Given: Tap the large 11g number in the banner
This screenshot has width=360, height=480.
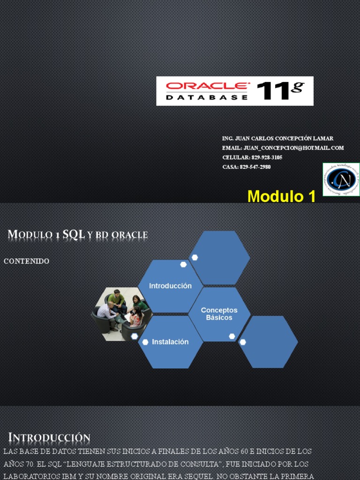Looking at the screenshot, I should [x=280, y=90].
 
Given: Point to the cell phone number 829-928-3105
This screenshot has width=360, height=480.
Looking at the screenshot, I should [x=266, y=157].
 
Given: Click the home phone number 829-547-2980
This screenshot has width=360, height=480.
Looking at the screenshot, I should [x=255, y=167].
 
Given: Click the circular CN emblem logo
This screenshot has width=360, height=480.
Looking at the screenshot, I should [x=341, y=180].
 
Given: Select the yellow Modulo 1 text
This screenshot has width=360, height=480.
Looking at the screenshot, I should [x=281, y=196].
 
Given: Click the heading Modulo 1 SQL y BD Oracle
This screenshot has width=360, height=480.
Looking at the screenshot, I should [x=78, y=235].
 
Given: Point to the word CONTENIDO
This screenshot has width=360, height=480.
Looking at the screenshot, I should [x=26, y=261].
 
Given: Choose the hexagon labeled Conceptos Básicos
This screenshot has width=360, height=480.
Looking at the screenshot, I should [x=219, y=314].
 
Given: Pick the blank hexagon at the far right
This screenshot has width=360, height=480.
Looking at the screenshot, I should [x=268, y=342].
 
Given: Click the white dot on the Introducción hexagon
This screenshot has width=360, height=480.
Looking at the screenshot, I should [x=183, y=264].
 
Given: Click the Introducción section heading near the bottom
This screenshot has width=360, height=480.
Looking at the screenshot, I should [x=49, y=438].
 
